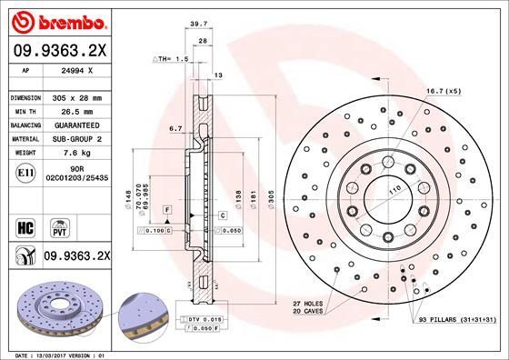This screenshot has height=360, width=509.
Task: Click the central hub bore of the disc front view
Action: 384,195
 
